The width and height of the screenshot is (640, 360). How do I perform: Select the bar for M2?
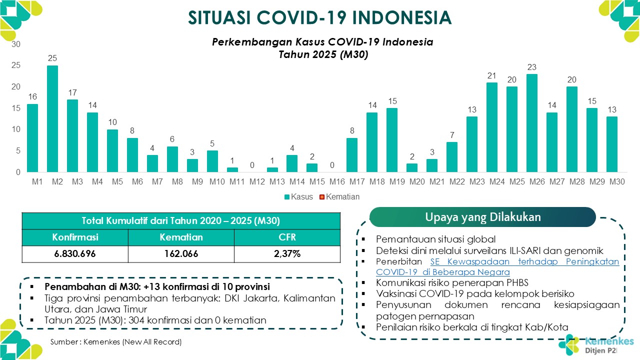coord(52,118)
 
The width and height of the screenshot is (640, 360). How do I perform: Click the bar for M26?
coord(532,123)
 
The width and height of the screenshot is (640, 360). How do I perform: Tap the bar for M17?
coord(352,155)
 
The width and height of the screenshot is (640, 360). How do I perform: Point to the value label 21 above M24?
coord(491,75)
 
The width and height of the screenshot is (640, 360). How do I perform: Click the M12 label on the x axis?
coord(257,181)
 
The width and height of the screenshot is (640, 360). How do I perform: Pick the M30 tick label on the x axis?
coord(617,181)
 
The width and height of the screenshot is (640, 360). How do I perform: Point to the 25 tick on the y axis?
coord(16,65)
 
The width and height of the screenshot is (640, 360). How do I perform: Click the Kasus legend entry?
coord(298,196)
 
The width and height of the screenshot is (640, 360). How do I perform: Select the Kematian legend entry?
coord(339,196)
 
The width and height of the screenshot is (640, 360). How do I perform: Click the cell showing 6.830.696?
coord(75,253)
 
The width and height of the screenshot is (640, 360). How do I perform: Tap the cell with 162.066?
coord(181,253)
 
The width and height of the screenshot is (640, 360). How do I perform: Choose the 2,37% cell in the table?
coord(287,253)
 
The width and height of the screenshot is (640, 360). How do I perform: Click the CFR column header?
coord(287,237)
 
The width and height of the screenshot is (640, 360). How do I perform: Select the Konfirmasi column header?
coord(75,237)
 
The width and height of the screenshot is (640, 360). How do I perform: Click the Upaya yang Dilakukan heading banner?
coord(482,217)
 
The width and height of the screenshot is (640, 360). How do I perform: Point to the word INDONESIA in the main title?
coord(401,17)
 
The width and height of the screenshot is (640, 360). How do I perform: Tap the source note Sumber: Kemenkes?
coord(116,341)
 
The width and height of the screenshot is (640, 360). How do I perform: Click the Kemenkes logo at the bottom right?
coord(596,345)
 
